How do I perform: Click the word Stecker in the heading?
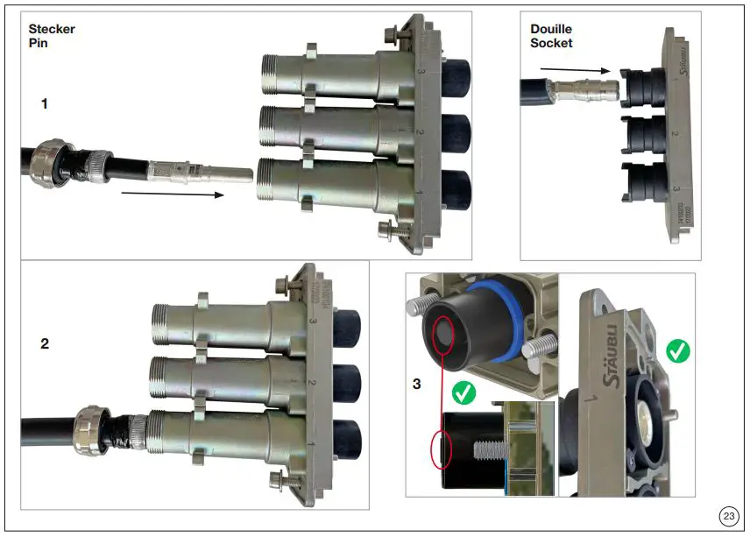click(52, 29)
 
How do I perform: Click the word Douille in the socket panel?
click(551, 29)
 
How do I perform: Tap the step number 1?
click(45, 103)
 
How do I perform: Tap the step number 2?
click(45, 343)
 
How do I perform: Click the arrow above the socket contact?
click(573, 69)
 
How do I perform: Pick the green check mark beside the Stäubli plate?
click(677, 351)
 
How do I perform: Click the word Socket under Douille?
click(551, 43)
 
